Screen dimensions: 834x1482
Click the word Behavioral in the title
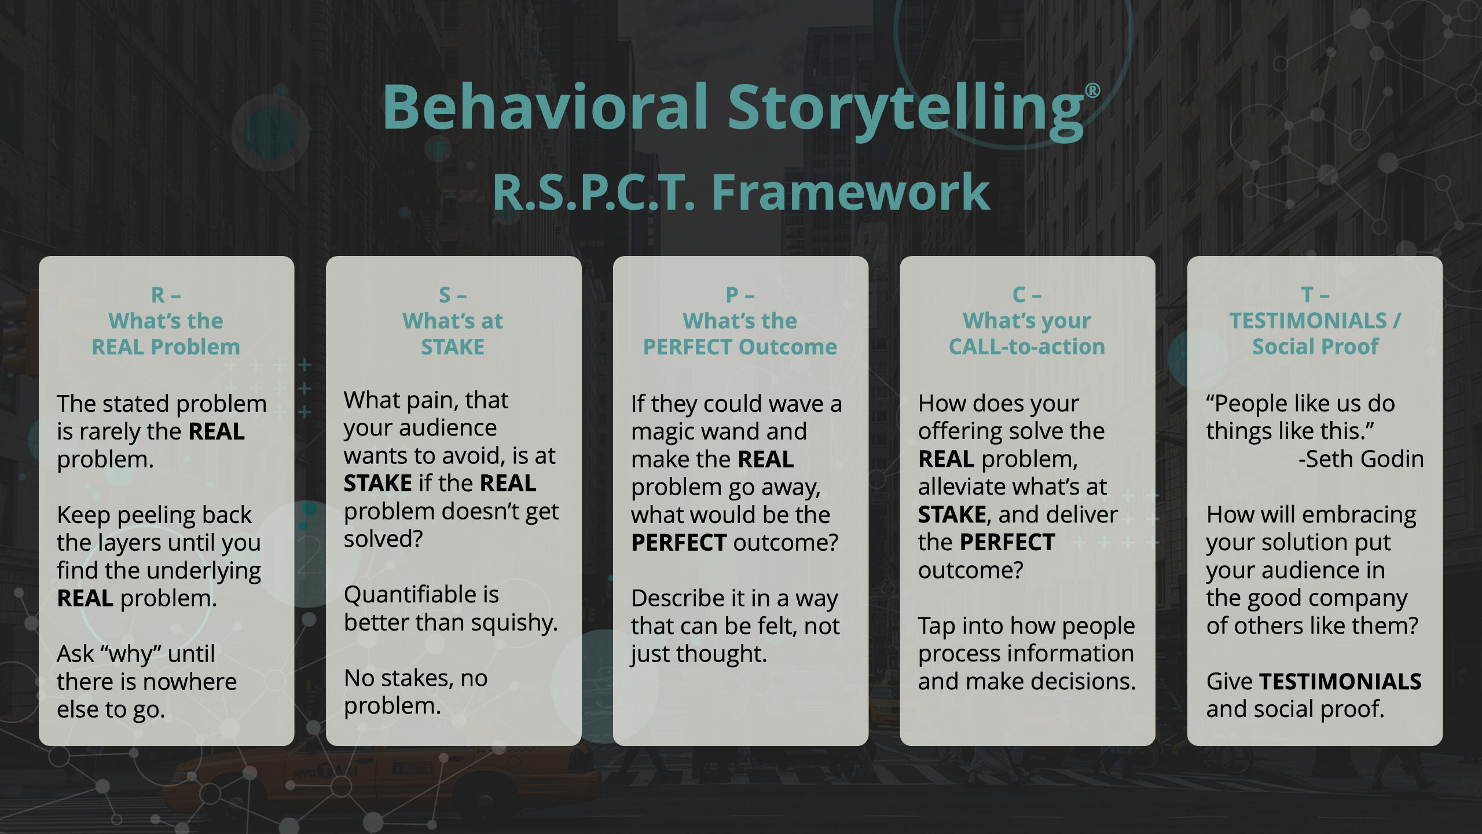(544, 107)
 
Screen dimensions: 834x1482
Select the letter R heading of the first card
(157, 295)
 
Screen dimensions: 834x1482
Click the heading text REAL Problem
(166, 347)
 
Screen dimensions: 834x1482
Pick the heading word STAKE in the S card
(453, 347)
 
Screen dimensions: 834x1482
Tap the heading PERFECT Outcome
(740, 347)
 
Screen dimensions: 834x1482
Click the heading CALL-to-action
(1026, 347)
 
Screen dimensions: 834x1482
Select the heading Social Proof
(1315, 347)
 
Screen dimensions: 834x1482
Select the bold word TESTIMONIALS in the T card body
(1340, 682)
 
